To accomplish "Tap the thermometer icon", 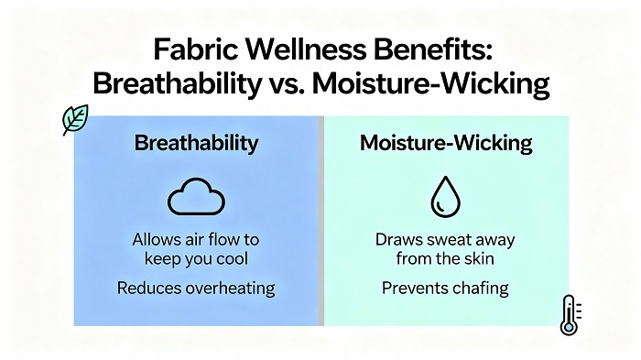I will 569,315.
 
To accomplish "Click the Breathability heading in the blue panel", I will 196,144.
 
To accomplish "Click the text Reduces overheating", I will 196,289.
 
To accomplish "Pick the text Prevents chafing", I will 444,289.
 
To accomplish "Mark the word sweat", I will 449,240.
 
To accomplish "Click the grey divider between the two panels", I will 320,220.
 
